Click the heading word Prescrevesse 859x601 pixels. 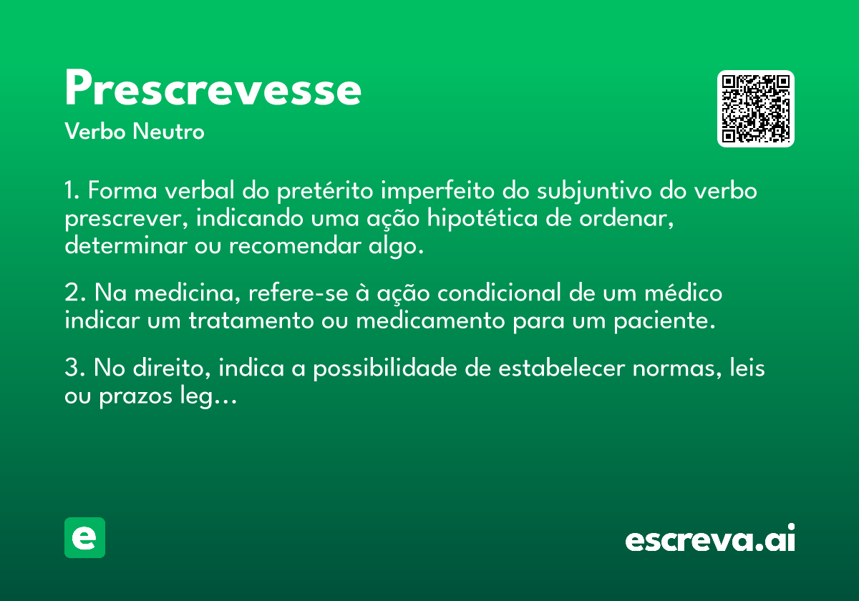[213, 87]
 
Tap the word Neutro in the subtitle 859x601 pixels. [168, 132]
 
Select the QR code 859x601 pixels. [755, 109]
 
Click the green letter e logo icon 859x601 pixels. [84, 537]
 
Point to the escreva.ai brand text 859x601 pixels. [710, 538]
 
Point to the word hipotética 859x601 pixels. [482, 219]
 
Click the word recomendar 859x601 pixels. [295, 245]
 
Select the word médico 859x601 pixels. [684, 293]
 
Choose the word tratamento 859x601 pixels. [251, 321]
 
